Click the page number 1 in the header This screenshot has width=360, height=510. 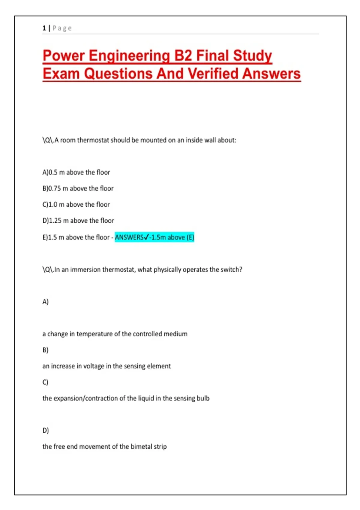44,28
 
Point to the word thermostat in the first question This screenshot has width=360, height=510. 93,140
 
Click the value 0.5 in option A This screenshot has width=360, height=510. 53,172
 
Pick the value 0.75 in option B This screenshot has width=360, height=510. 55,188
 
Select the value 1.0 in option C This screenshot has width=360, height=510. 53,205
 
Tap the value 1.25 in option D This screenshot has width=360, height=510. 55,221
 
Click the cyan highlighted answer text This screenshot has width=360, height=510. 154,237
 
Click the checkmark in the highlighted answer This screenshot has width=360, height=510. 146,237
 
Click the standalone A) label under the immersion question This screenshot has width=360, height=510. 45,302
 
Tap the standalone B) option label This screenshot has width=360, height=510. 45,350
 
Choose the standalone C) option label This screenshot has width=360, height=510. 45,382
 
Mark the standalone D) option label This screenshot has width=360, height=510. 46,430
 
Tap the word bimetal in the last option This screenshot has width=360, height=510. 141,446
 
